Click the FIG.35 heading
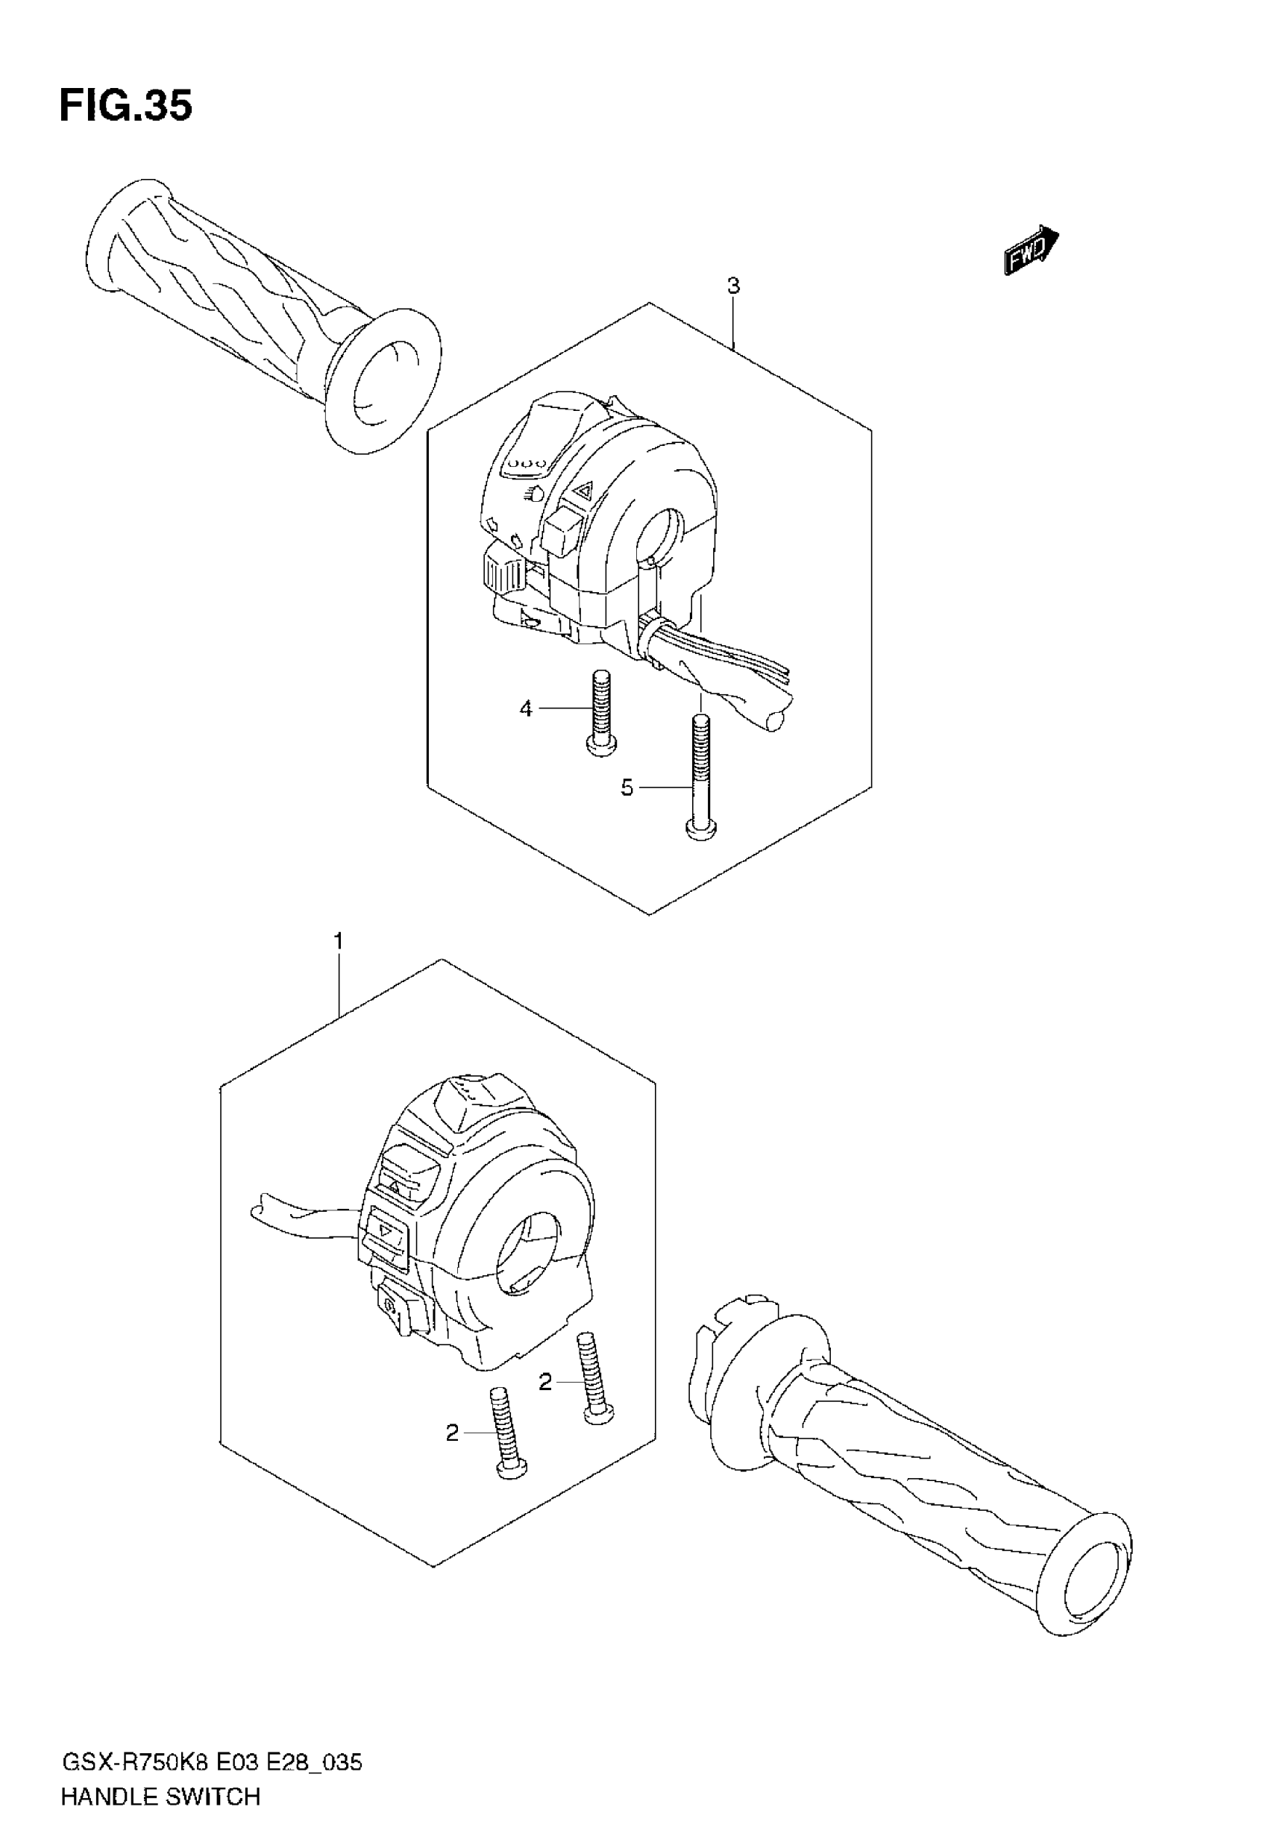[125, 107]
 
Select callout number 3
[733, 286]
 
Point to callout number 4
[526, 708]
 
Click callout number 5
[627, 787]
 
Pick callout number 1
[339, 942]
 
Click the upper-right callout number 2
[545, 1383]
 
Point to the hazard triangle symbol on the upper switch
[585, 490]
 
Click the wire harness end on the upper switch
[775, 720]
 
